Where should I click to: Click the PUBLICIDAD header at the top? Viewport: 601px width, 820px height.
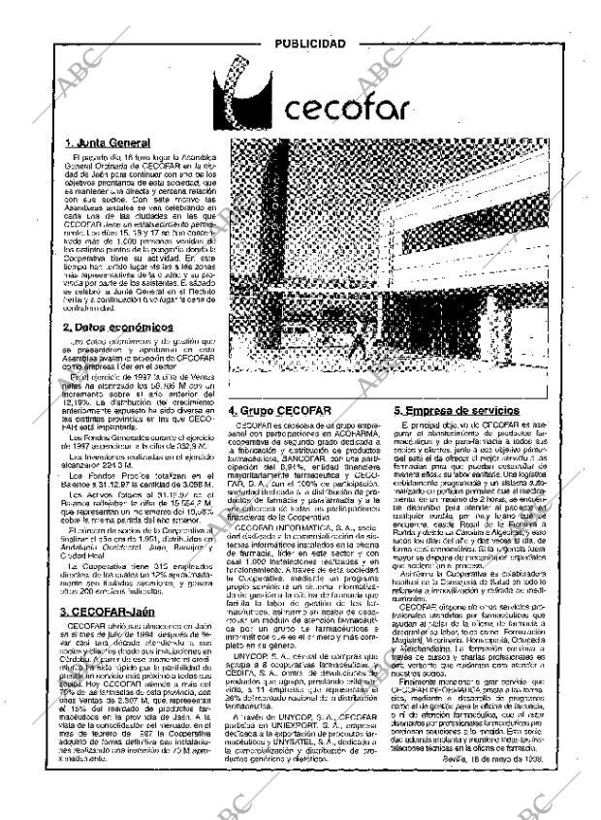click(x=309, y=44)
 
